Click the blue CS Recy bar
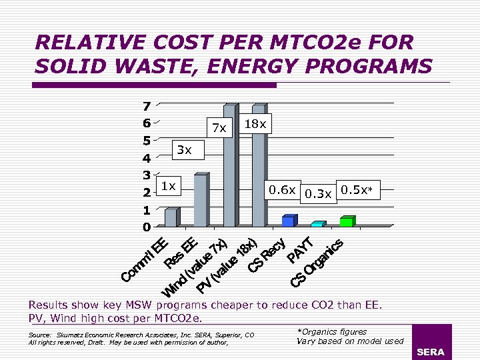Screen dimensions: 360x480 (x=288, y=221)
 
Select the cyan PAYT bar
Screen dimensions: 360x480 (x=317, y=223)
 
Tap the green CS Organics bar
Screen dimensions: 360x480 (x=347, y=221)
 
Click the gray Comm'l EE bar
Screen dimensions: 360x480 (x=171, y=217)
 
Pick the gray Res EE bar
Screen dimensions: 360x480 (x=200, y=200)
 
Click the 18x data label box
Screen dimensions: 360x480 (x=256, y=124)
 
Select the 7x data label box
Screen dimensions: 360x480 (x=219, y=127)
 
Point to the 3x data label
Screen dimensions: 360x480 (x=183, y=151)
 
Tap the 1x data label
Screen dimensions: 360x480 (x=168, y=187)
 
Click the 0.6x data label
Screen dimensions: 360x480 (x=282, y=190)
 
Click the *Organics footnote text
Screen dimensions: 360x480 (x=332, y=331)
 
